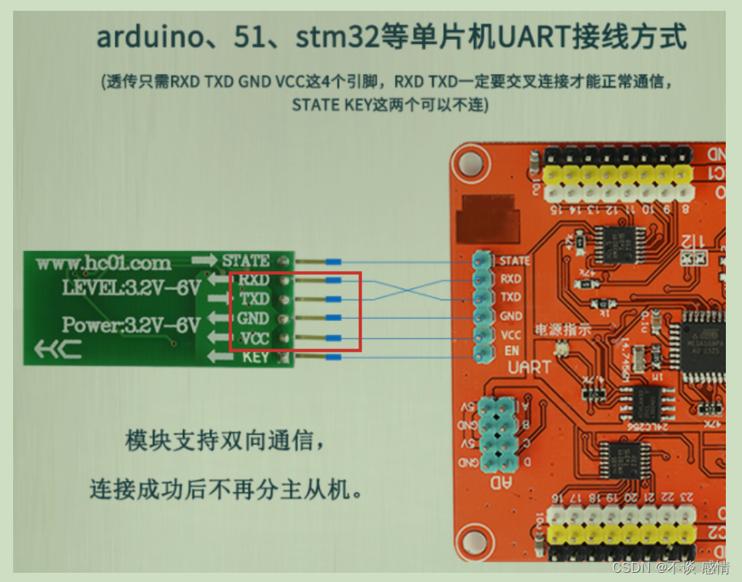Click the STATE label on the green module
(245, 261)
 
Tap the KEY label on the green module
(255, 357)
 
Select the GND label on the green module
(253, 318)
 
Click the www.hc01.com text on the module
(103, 263)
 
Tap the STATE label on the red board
(514, 261)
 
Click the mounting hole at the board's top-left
(471, 162)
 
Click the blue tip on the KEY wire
(334, 357)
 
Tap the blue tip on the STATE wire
(334, 262)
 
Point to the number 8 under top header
(684, 208)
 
